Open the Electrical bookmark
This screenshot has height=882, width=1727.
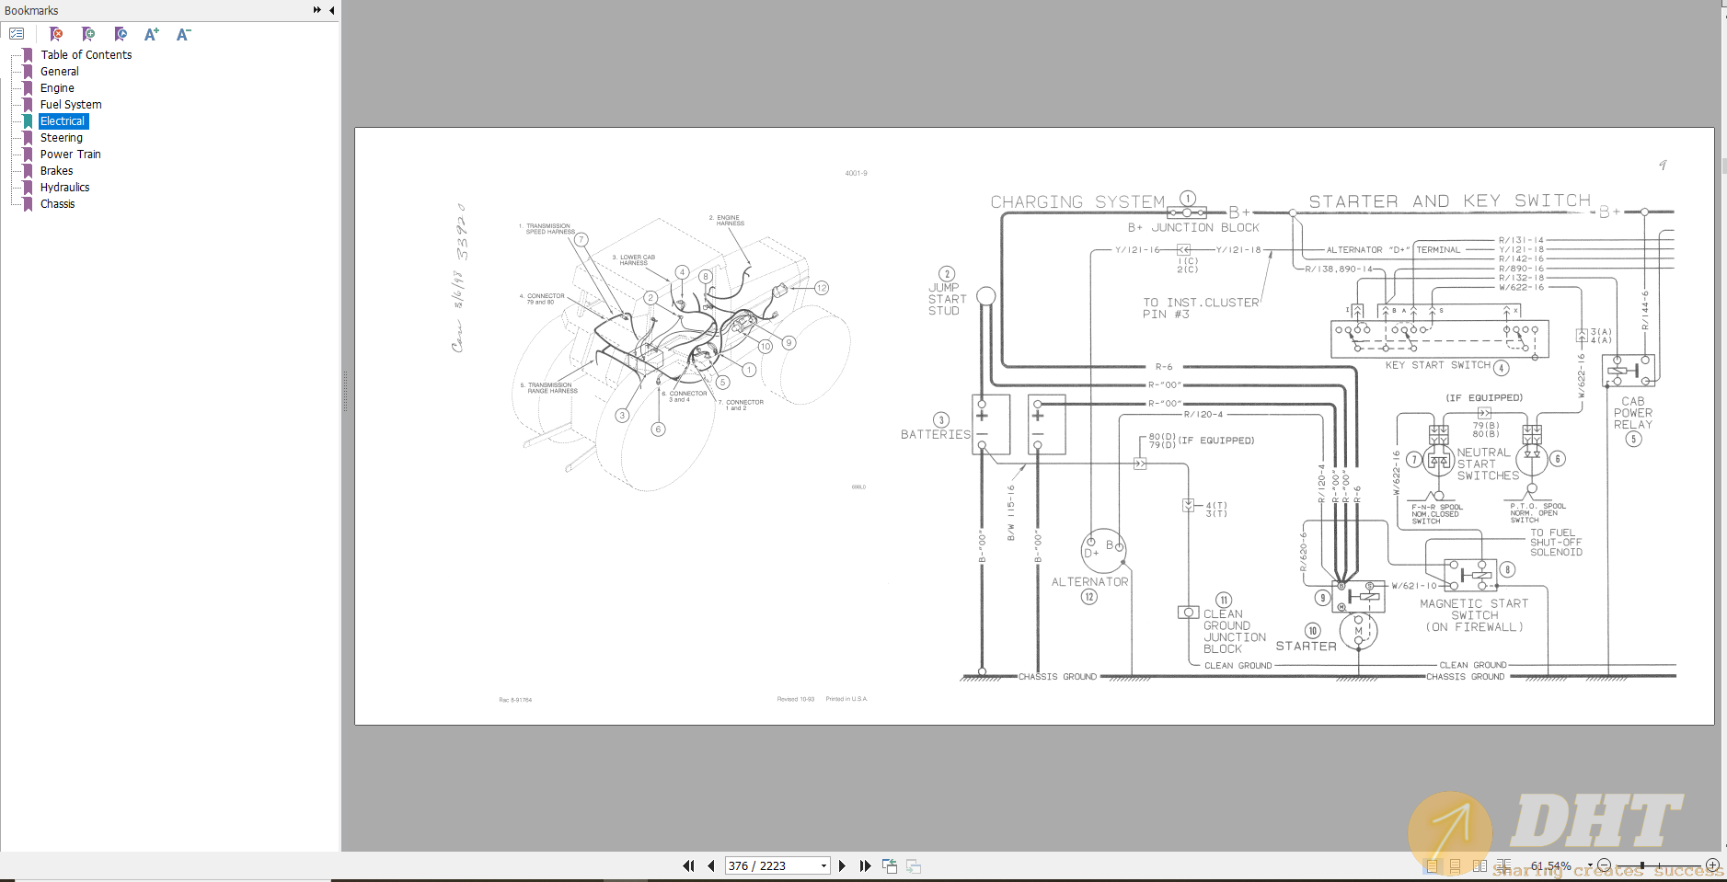[x=63, y=121]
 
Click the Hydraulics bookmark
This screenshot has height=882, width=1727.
[x=64, y=188]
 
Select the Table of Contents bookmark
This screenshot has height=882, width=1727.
[x=86, y=55]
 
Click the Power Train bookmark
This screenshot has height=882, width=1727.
[x=70, y=155]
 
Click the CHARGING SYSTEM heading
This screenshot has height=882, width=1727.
[x=1077, y=202]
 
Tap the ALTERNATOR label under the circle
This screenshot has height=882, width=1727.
[x=1089, y=582]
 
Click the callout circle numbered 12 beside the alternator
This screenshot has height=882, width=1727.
[x=1089, y=597]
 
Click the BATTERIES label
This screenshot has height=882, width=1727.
[x=935, y=434]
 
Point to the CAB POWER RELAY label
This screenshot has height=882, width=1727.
[x=1632, y=413]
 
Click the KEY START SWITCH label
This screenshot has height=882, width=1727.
[x=1437, y=365]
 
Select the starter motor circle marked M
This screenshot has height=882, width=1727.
[x=1358, y=631]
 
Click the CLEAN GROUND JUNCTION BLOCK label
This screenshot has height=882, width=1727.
[x=1234, y=632]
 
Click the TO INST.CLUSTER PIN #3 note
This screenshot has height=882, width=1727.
[x=1200, y=308]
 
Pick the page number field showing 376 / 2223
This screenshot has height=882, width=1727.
[x=771, y=865]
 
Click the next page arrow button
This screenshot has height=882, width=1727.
[x=842, y=865]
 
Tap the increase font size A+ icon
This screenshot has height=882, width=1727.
[x=152, y=34]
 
